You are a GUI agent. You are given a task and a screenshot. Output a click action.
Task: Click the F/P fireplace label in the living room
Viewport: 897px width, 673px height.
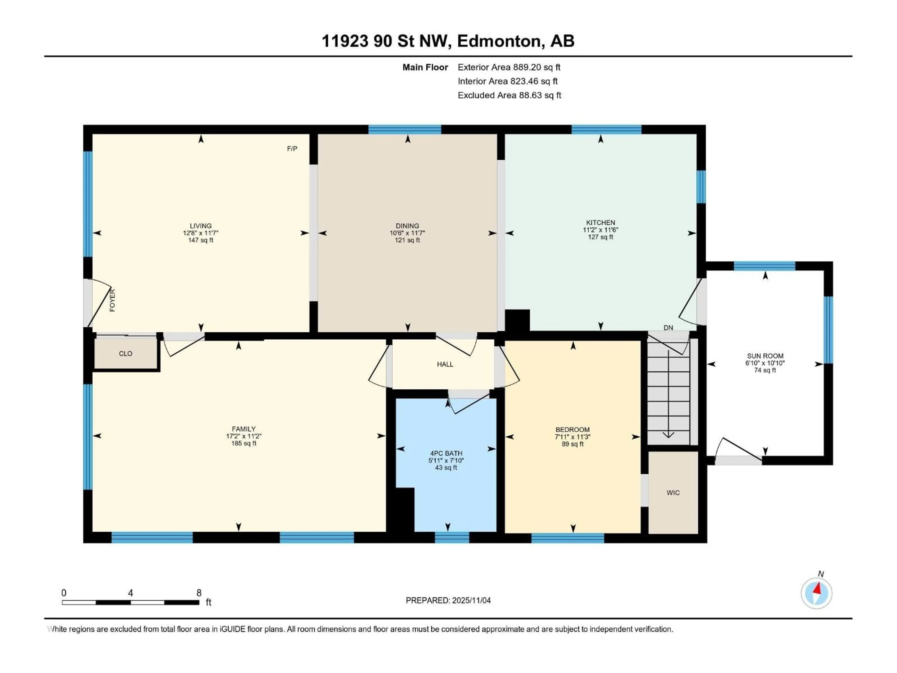coord(292,149)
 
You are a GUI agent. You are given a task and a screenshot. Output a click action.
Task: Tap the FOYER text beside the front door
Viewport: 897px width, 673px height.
coord(112,300)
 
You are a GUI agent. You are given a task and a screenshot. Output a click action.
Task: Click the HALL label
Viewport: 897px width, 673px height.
coord(445,364)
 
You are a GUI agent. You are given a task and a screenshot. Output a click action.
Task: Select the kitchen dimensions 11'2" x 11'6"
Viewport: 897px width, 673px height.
coord(601,230)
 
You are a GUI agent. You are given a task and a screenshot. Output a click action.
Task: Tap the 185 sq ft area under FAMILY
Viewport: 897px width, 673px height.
coord(244,443)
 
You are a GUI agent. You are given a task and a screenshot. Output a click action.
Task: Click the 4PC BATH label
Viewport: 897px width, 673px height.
coord(446,454)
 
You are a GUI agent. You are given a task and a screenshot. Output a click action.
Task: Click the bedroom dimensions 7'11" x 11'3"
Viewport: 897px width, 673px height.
coord(573,437)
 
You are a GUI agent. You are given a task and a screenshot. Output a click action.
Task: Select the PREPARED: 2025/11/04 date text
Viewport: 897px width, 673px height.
coord(448,600)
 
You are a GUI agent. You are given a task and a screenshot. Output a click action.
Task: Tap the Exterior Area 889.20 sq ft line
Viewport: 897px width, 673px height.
coord(509,67)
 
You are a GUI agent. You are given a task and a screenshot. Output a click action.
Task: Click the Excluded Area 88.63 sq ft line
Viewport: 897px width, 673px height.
coord(509,95)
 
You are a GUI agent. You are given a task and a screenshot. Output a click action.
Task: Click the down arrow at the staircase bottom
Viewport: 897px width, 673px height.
coord(668,435)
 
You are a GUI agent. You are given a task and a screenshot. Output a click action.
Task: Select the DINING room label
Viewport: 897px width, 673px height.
coord(408,226)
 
